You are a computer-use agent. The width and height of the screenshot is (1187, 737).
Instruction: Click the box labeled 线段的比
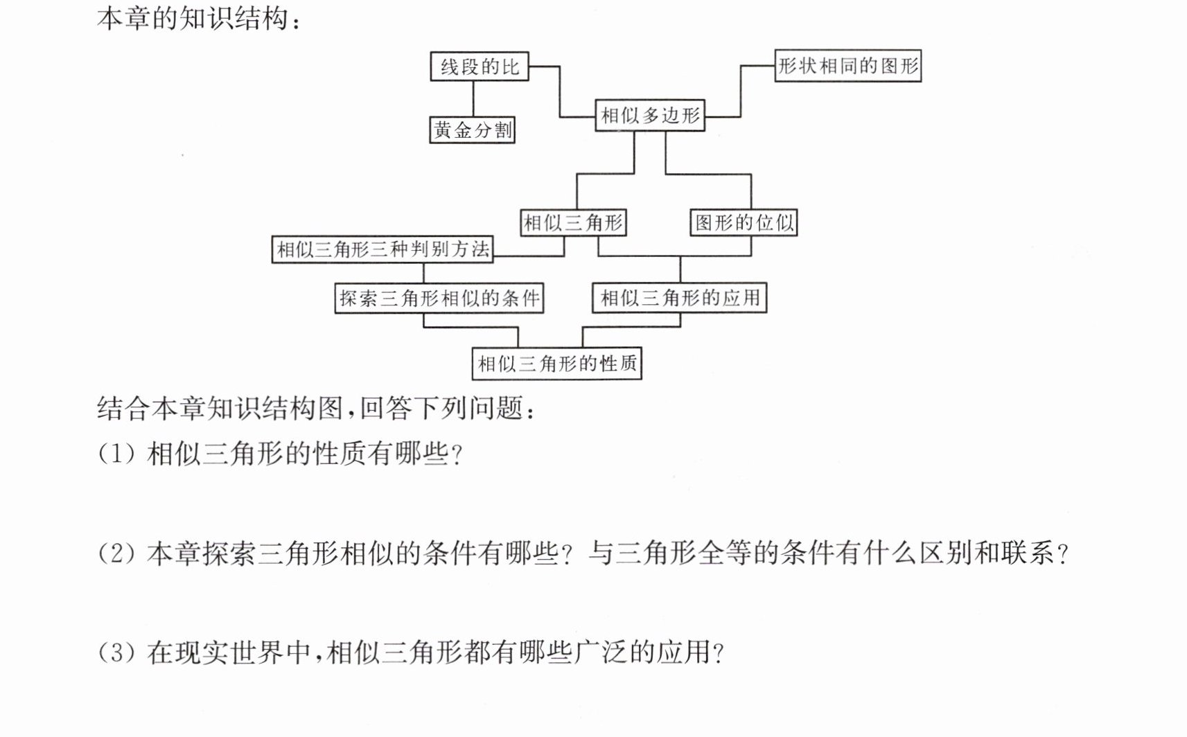[479, 66]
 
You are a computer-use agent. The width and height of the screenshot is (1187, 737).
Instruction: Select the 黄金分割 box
[472, 130]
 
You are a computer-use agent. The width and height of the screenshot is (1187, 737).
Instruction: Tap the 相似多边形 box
[650, 115]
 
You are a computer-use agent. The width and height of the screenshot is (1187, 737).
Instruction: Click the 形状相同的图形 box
[848, 66]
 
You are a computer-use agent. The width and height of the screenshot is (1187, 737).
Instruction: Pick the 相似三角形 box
[573, 222]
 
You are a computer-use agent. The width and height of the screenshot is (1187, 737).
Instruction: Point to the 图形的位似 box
[744, 222]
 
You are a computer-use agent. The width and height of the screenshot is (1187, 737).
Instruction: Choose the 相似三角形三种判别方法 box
[383, 249]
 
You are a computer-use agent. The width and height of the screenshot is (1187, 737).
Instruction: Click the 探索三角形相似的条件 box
[439, 298]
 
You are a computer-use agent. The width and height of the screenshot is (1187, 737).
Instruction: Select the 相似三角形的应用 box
[679, 297]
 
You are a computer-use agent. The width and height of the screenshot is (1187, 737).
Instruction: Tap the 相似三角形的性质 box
[557, 364]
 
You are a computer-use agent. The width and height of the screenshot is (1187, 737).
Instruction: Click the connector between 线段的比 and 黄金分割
[473, 99]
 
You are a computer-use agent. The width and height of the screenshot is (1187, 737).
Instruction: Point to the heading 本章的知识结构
[193, 19]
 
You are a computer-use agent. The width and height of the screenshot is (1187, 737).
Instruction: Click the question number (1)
[116, 454]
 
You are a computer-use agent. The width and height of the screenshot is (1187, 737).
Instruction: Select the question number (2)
[116, 553]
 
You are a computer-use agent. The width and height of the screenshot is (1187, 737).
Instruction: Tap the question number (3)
[116, 652]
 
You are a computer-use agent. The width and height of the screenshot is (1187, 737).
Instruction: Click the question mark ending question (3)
[718, 653]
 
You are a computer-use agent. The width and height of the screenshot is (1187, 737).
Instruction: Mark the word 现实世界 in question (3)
[229, 652]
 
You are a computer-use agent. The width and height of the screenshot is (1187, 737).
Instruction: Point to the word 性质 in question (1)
[340, 454]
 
